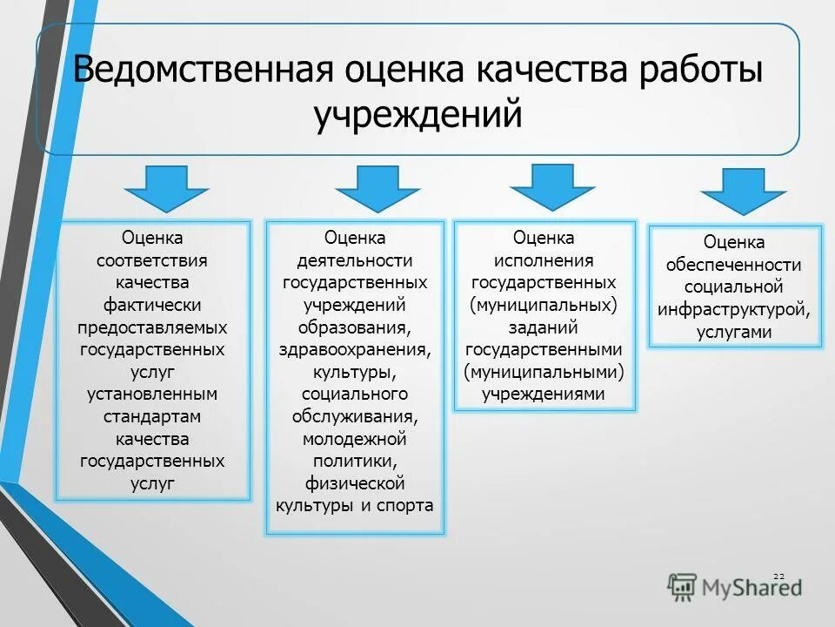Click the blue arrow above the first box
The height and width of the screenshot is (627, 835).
click(166, 186)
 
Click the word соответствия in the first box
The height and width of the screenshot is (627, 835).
click(152, 260)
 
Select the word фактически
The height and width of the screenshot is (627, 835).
click(152, 305)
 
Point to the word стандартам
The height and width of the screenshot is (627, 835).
click(152, 416)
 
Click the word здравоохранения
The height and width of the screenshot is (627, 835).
click(354, 349)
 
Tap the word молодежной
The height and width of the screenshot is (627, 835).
click(354, 438)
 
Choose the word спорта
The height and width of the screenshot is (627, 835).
click(404, 505)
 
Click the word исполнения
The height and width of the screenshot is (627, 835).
click(544, 260)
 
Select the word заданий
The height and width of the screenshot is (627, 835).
click(544, 327)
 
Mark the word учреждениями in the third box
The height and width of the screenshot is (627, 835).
click(544, 394)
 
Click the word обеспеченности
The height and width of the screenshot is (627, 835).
click(734, 264)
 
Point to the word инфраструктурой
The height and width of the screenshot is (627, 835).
click(734, 309)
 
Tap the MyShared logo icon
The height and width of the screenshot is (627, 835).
click(683, 586)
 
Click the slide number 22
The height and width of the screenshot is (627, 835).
click(778, 576)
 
